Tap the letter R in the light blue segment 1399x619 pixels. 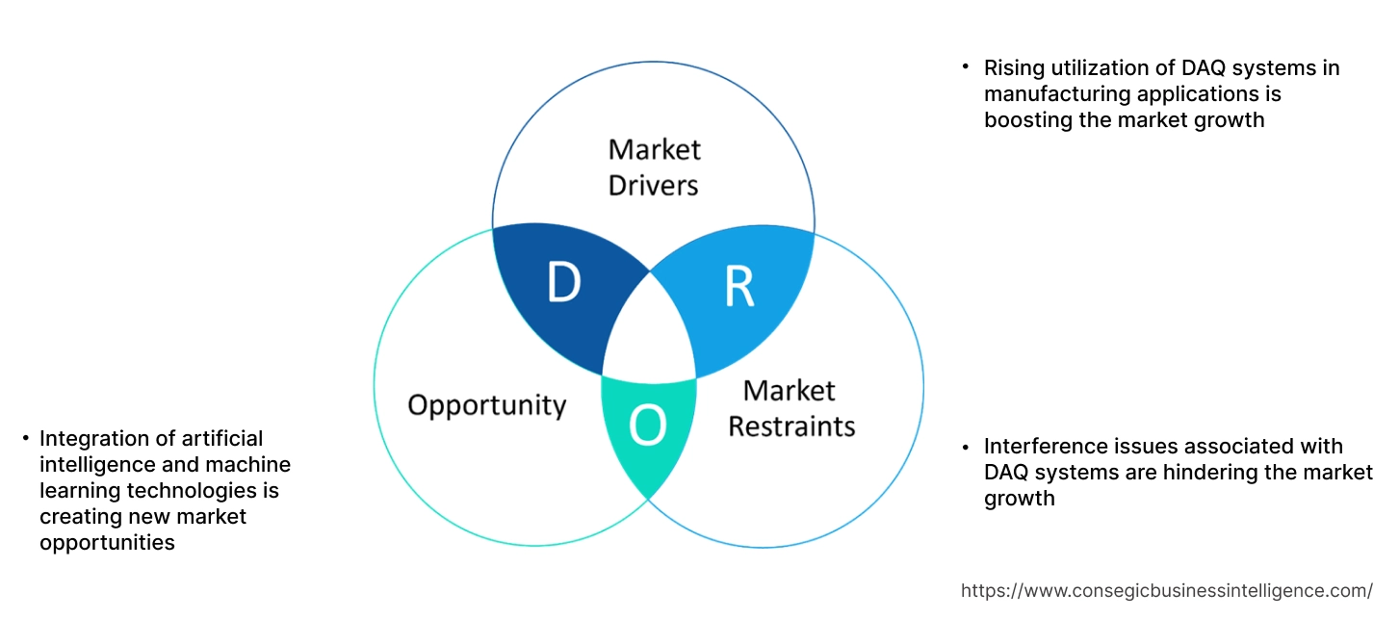point(738,287)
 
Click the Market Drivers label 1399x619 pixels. point(654,167)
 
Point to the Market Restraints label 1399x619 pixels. point(790,408)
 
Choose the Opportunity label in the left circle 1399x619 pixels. point(486,404)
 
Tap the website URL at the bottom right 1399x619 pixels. point(1166,590)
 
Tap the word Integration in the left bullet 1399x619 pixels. point(92,439)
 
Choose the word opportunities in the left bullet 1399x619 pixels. point(107,543)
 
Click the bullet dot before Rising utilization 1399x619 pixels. point(966,67)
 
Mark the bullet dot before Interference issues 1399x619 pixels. point(966,447)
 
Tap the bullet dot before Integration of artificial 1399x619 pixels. point(25,439)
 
